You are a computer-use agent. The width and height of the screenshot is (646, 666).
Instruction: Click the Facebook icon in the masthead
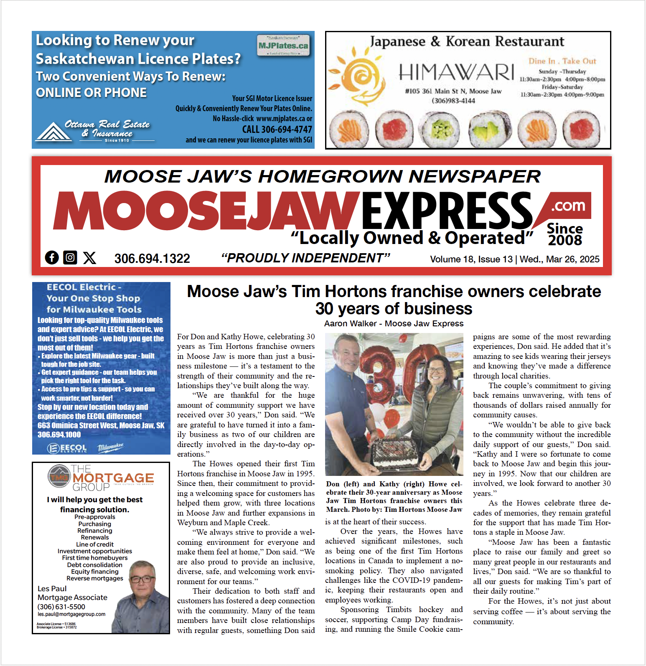(x=52, y=257)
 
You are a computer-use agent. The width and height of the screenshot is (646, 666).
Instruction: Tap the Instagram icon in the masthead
(x=70, y=257)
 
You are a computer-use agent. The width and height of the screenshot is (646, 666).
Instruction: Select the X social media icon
(x=89, y=258)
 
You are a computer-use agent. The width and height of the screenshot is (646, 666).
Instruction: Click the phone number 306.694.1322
(x=152, y=259)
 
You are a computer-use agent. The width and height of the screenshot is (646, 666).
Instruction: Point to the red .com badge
(x=567, y=206)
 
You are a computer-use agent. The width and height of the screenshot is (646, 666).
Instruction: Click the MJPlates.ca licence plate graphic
(x=283, y=46)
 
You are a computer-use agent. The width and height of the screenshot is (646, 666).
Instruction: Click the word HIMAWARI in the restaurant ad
(x=456, y=72)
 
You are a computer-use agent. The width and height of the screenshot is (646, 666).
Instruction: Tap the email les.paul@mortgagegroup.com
(x=71, y=614)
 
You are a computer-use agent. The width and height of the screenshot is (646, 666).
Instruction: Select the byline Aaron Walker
(x=350, y=323)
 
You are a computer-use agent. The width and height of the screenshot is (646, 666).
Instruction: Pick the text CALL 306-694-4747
(x=277, y=130)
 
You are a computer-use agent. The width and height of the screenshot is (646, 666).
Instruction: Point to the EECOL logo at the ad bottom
(x=67, y=448)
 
